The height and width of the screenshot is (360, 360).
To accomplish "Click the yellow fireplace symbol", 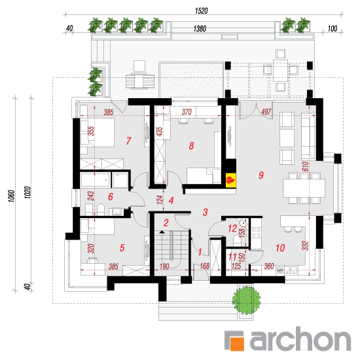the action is pos(231,179).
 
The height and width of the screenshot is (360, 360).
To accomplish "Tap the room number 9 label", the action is pos(261,175).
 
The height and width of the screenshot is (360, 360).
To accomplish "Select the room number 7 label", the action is pos(128,141).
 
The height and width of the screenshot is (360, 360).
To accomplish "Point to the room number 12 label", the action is pos(232,228).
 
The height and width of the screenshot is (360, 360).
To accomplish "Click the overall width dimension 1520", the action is pos(202,10).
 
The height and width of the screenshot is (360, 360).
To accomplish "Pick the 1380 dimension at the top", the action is pos(200,29).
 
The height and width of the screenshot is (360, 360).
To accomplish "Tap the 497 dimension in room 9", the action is pos(266,112).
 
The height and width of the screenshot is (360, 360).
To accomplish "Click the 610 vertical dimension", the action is pos(306,166).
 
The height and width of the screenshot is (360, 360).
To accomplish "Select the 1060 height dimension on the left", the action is pos(12,196).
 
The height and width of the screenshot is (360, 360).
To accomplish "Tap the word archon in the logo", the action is pos(300,339).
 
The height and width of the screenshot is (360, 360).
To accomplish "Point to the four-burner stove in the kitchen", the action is pos(256,232).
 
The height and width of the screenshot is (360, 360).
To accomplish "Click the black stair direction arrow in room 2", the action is pos(162,232).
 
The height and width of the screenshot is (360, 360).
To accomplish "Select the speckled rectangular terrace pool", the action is pos(191,80).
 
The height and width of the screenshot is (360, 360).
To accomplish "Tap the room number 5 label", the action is pos(122,247).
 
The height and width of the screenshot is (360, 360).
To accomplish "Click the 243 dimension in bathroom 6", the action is pos(91,196).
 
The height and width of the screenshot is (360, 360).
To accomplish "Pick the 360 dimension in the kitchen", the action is pos(269,266).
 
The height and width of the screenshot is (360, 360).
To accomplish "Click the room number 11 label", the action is pos(232,257).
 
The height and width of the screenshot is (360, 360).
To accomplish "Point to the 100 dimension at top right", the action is pos(333,29).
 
